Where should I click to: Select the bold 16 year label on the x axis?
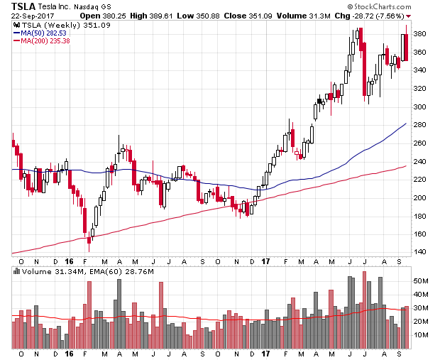[x=69, y=353]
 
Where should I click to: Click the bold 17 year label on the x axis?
[x=264, y=353]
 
